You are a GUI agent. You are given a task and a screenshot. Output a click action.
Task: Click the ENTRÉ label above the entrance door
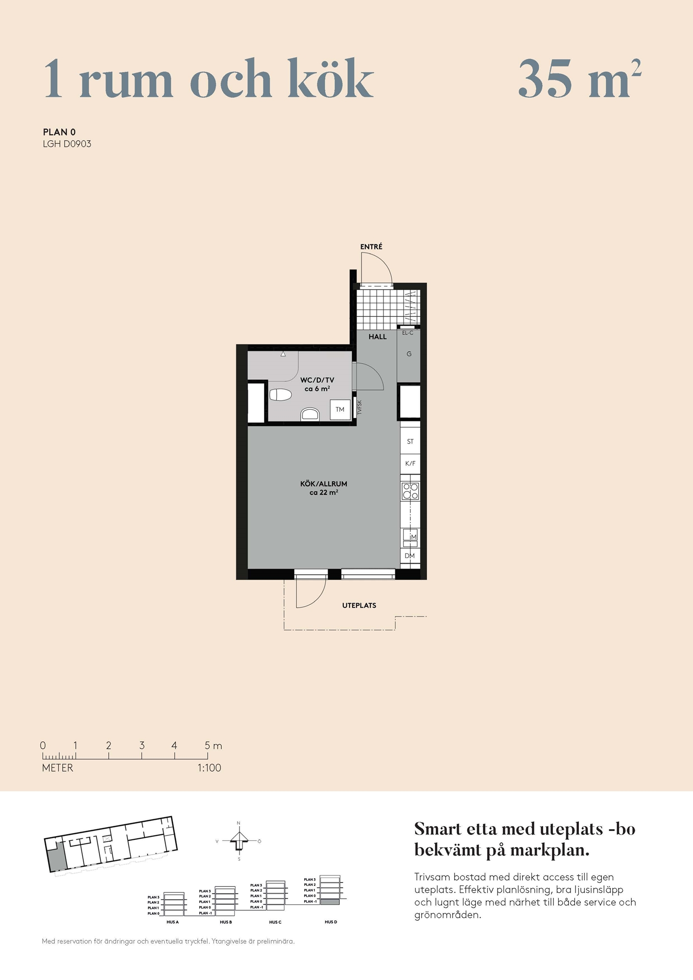click(371, 246)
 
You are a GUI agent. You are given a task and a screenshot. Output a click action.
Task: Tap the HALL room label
click(378, 337)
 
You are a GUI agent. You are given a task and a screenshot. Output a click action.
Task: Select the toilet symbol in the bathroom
click(280, 394)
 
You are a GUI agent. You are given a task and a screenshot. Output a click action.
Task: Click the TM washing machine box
click(340, 410)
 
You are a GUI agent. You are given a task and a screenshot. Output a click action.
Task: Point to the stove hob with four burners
click(410, 491)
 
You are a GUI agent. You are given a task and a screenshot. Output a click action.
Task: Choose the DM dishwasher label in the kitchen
click(410, 556)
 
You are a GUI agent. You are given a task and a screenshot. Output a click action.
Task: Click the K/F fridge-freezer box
click(410, 464)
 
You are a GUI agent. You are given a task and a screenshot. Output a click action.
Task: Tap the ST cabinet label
click(410, 441)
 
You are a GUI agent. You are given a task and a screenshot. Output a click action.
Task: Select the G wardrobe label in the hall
click(409, 354)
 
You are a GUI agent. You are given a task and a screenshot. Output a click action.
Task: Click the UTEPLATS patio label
click(359, 606)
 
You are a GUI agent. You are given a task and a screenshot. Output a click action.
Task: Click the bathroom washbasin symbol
click(310, 415)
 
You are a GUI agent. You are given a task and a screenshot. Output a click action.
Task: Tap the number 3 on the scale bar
click(142, 745)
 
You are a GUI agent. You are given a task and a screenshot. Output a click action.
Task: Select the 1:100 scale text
click(210, 768)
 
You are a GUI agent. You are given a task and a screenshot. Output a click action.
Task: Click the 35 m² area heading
click(580, 78)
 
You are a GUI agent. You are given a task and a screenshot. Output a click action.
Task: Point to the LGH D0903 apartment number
click(67, 144)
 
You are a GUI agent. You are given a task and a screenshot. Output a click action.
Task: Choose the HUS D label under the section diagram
click(331, 922)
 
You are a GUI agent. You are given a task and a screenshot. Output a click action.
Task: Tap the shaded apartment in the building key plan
click(57, 857)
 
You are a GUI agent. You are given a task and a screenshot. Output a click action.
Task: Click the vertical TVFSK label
click(359, 408)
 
